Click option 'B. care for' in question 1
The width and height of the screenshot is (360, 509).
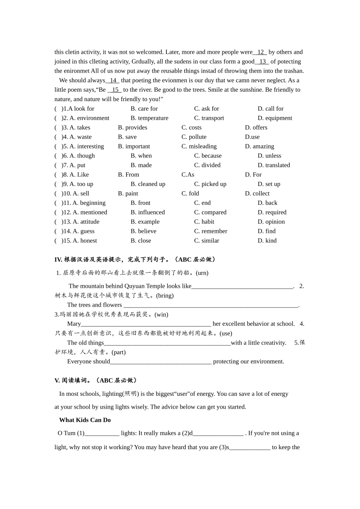pyautogui.click(x=144, y=109)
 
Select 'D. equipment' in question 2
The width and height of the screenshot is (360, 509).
pyautogui.click(x=275, y=118)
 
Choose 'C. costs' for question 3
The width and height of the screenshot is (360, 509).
pyautogui.click(x=191, y=128)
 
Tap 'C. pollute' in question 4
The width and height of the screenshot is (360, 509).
pyautogui.click(x=194, y=137)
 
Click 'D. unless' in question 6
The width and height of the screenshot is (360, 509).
pyautogui.click(x=269, y=156)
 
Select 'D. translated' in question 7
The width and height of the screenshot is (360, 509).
pyautogui.click(x=274, y=165)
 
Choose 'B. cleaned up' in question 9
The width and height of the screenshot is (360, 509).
pyautogui.click(x=148, y=184)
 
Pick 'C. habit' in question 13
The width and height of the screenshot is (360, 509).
pyautogui.click(x=204, y=222)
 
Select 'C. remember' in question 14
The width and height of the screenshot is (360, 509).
pyautogui.click(x=210, y=231)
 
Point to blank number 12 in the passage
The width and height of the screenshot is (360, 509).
pyautogui.click(x=260, y=52)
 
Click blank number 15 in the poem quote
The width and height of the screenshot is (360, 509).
pyautogui.click(x=115, y=90)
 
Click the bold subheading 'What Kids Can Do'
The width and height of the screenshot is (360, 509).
pyautogui.click(x=85, y=420)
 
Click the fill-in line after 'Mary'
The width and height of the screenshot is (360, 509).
pyautogui.click(x=146, y=324)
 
